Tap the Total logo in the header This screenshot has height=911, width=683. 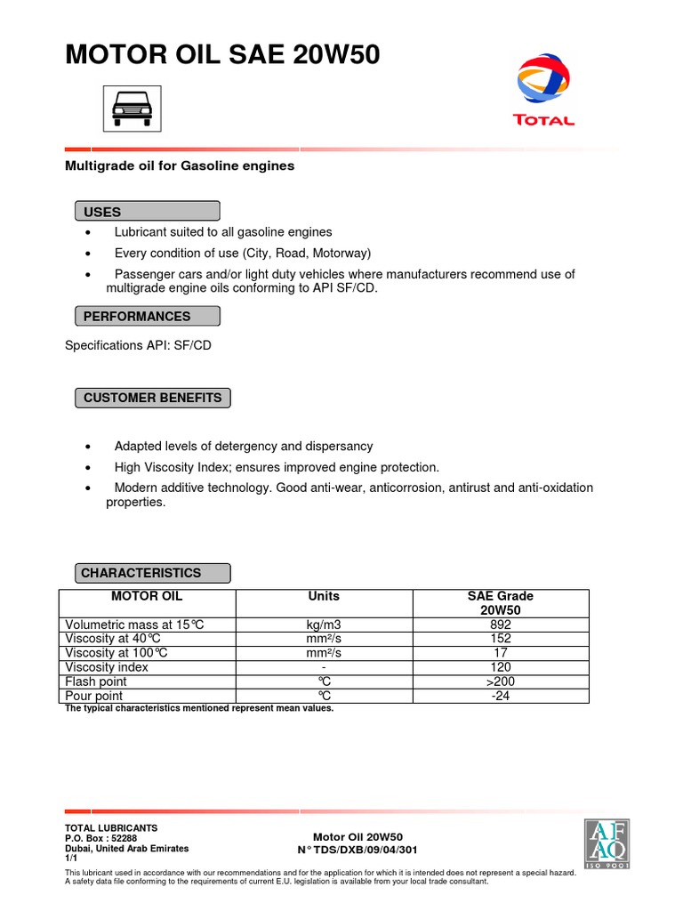[543, 90]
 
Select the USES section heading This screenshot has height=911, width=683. [147, 212]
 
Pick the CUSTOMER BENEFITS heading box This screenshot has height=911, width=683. [152, 398]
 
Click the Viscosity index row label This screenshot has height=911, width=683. [107, 667]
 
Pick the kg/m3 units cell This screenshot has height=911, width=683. [324, 625]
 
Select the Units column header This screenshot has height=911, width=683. [324, 596]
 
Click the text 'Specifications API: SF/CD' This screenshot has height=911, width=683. [138, 345]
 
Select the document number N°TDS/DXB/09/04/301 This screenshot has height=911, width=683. [358, 850]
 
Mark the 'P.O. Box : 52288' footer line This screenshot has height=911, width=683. [101, 838]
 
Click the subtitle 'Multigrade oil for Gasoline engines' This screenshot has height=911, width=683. [180, 165]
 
